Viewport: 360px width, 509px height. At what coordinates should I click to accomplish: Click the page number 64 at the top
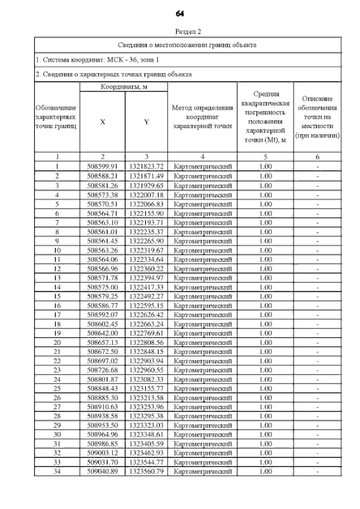(180, 13)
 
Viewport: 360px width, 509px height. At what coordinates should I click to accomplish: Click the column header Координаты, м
(124, 87)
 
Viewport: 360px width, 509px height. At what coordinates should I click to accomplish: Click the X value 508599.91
(102, 166)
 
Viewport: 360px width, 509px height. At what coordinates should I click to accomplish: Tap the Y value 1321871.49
(146, 175)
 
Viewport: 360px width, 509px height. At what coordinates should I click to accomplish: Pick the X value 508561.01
(102, 231)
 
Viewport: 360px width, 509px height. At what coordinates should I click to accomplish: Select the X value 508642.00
(102, 333)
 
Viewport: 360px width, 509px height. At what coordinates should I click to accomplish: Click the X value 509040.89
(102, 471)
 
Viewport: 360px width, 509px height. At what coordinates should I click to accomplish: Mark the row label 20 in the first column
(57, 342)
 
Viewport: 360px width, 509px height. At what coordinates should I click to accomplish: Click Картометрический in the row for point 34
(202, 471)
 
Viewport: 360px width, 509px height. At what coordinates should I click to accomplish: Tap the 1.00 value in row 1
(264, 166)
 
